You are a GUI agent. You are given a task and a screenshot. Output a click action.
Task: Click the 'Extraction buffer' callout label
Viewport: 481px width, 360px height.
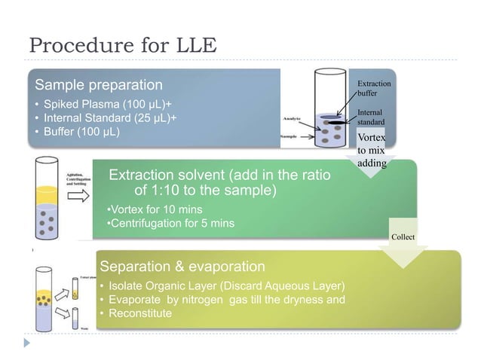click(373, 89)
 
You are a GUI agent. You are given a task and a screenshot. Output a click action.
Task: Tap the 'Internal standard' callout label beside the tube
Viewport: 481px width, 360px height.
click(371, 117)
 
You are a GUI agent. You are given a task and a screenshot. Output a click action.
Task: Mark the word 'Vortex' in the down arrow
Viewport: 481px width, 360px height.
click(370, 138)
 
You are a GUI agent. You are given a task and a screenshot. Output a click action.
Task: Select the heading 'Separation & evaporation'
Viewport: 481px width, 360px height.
click(182, 266)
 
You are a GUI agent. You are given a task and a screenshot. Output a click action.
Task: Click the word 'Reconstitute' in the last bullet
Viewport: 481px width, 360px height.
click(139, 313)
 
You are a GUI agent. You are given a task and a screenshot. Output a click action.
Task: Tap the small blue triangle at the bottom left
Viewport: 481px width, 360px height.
click(29, 343)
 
